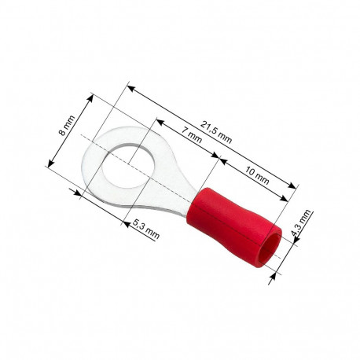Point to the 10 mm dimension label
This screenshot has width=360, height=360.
tap(257, 175)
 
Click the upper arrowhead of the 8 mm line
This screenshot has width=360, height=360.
tap(92, 97)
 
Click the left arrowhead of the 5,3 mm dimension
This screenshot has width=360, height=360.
tap(78, 191)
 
